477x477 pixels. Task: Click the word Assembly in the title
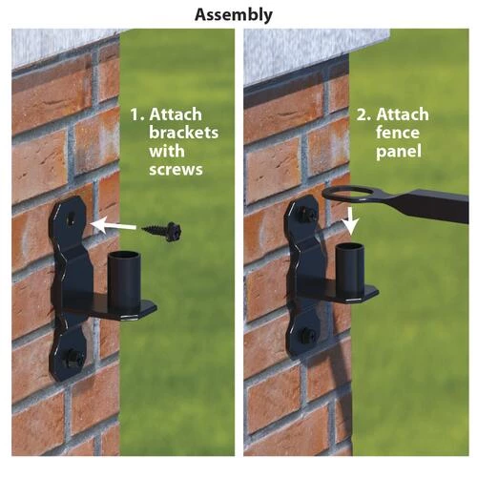[x=234, y=15]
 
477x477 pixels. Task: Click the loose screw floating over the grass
[x=161, y=231]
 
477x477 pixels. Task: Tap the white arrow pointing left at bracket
[x=114, y=225]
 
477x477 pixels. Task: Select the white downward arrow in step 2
[x=351, y=222]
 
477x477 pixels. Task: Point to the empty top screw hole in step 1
[x=71, y=219]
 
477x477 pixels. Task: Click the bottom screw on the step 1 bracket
[x=73, y=358]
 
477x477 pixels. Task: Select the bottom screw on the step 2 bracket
[x=307, y=335]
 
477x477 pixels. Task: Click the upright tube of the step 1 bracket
[x=124, y=280]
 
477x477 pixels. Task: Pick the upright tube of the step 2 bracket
[x=350, y=270]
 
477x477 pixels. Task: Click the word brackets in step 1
[x=184, y=133]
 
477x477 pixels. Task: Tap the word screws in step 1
[x=176, y=170]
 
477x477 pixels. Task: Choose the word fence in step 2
[x=398, y=133]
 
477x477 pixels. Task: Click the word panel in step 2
[x=399, y=152]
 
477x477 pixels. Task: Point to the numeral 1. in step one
[x=137, y=114]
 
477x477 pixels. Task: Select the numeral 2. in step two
[x=363, y=114]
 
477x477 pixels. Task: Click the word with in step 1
[x=167, y=151]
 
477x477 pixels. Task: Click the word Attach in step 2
[x=403, y=114]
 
